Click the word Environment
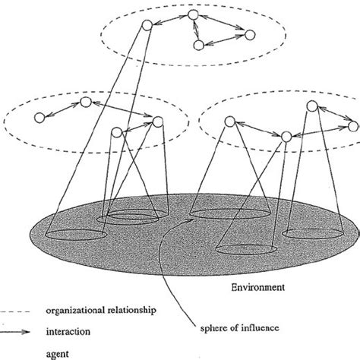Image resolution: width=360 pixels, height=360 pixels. [x=256, y=288]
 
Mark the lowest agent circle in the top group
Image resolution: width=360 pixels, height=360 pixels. [x=198, y=46]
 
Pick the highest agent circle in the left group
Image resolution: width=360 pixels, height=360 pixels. [x=87, y=102]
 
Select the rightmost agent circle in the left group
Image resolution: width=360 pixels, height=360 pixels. [x=158, y=121]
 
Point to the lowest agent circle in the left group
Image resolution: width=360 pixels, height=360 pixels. [x=116, y=132]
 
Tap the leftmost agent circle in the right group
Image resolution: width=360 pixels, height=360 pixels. [x=229, y=121]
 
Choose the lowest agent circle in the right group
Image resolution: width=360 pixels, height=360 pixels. [x=286, y=136]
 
